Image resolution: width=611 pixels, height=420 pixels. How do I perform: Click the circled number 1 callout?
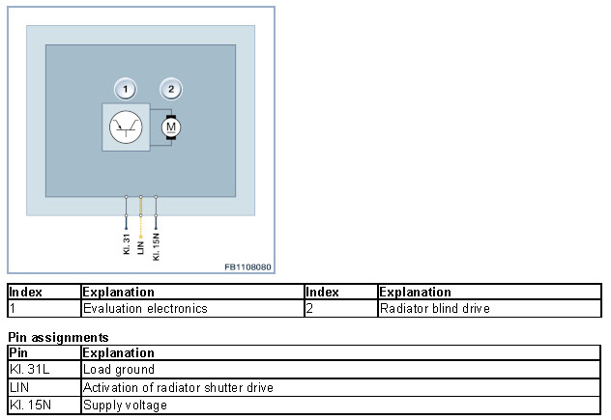point(125,90)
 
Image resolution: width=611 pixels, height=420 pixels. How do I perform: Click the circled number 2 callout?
point(171,90)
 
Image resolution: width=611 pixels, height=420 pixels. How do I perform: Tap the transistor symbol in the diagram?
point(126,127)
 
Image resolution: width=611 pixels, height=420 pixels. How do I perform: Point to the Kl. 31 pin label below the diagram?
point(127,243)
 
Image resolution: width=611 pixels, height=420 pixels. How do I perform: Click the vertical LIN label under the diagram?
point(141,245)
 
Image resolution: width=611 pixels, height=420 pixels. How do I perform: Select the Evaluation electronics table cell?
point(145,309)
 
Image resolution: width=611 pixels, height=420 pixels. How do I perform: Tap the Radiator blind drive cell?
point(435,309)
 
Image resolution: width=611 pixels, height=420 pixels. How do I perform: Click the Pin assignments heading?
point(58,338)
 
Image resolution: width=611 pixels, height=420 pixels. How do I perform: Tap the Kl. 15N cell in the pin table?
point(29,405)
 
